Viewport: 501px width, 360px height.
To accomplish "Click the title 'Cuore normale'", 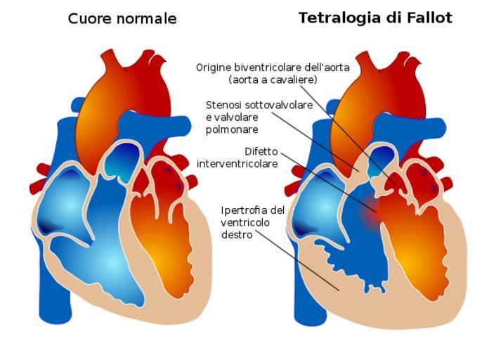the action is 122,18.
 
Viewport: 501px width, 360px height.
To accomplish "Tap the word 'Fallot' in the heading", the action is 429,18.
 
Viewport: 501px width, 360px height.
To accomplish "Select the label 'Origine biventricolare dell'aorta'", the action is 273,67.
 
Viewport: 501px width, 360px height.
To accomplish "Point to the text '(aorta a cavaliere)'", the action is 273,79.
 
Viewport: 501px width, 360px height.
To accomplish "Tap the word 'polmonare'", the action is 232,129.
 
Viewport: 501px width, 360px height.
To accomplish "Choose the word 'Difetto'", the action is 261,152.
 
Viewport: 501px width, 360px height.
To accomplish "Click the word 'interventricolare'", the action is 237,164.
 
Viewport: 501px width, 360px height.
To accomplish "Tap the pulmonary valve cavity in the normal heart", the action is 123,162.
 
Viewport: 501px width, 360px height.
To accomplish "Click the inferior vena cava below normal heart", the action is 55,297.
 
